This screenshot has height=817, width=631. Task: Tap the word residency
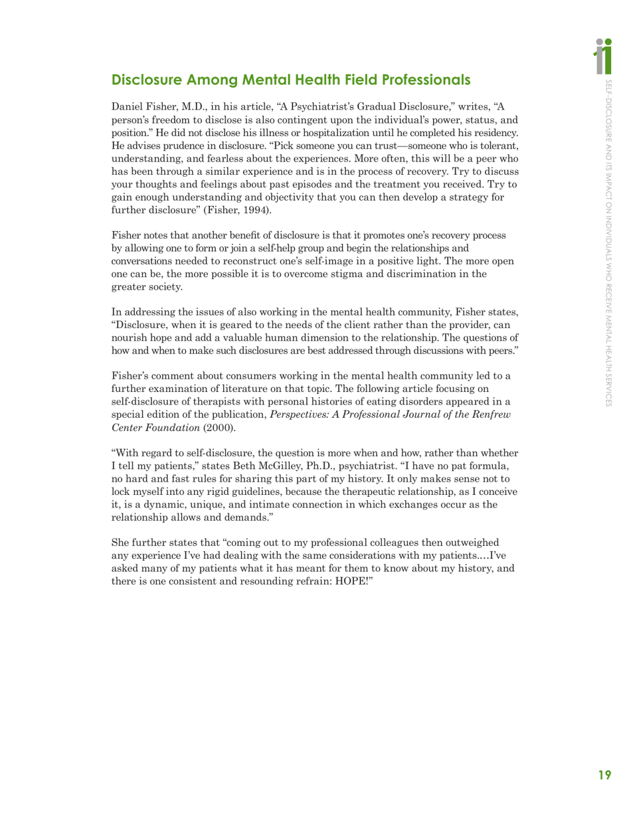[492, 133]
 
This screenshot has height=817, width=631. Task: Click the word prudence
[169, 145]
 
